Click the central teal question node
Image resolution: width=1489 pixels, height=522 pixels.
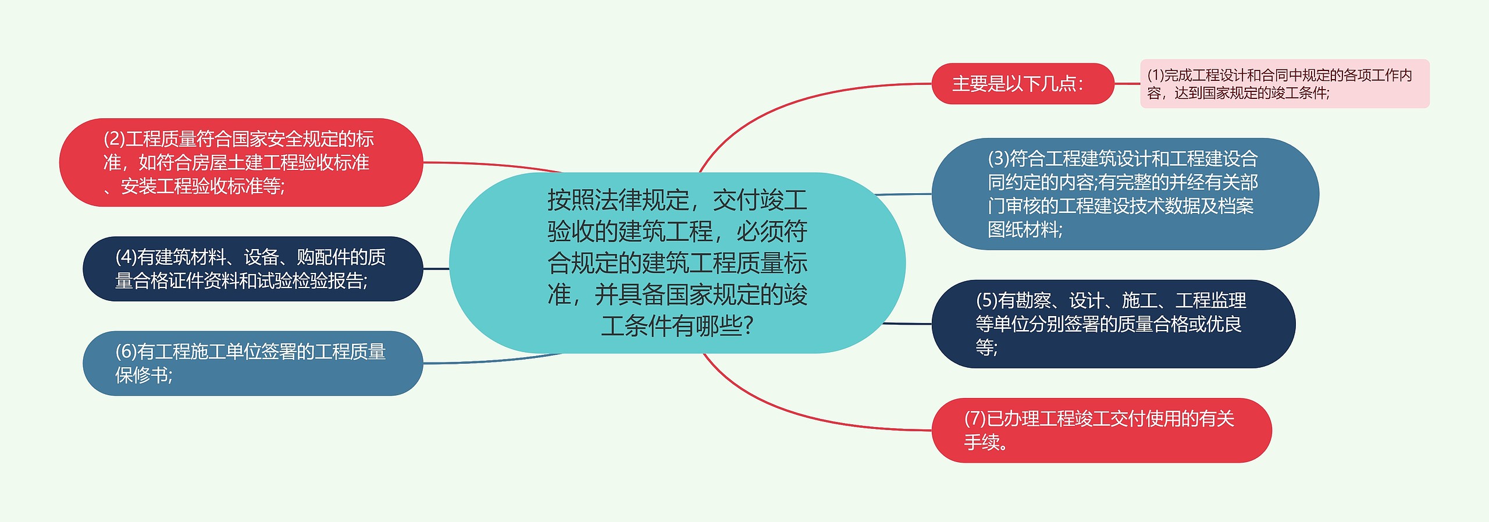[677, 262]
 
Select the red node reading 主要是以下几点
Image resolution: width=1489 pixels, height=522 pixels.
[1023, 84]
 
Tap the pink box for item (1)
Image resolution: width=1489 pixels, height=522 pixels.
[1284, 84]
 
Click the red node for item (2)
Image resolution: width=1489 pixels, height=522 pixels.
[241, 162]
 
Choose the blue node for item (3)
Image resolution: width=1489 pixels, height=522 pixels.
[1125, 194]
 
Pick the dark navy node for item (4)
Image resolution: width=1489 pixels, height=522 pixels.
[252, 269]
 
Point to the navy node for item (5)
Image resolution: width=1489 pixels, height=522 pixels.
[1113, 324]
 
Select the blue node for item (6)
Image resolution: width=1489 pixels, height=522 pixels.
[252, 363]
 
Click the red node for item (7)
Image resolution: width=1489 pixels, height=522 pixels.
[1102, 430]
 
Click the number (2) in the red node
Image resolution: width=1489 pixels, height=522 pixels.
[114, 139]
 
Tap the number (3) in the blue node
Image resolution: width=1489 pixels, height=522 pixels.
[998, 158]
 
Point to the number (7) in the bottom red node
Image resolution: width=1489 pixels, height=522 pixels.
[975, 418]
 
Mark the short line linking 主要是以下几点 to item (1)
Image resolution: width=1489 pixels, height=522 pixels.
[1127, 84]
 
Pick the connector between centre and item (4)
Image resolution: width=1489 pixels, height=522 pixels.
[436, 269]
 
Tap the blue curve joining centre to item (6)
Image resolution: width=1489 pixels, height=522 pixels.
[494, 360]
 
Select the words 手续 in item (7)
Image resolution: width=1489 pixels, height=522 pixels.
[982, 442]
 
